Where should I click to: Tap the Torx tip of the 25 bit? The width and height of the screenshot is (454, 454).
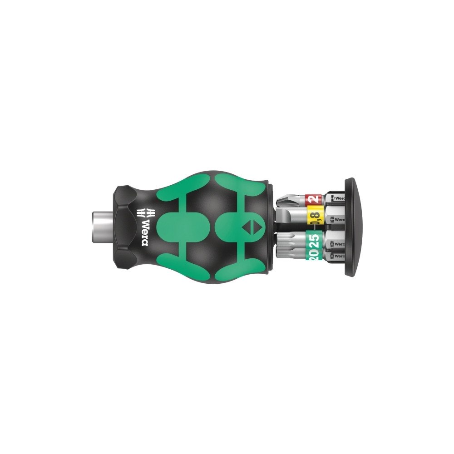tap(286, 239)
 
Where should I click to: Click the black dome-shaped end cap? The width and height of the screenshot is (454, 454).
tap(352, 227)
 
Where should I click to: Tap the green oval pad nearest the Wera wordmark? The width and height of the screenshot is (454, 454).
tap(178, 226)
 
